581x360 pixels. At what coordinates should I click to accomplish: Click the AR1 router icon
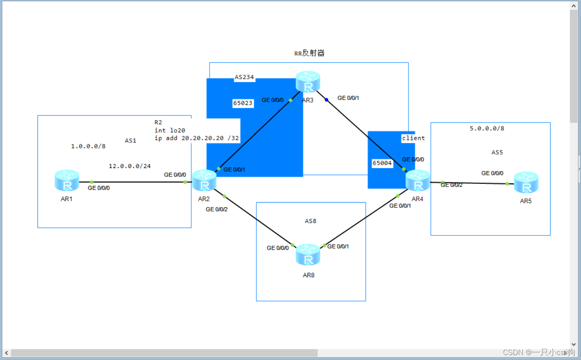click(x=67, y=181)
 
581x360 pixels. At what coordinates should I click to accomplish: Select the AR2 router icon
click(x=204, y=181)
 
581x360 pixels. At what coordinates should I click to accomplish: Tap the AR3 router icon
click(x=308, y=82)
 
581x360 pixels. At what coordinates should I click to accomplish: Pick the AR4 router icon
click(x=418, y=181)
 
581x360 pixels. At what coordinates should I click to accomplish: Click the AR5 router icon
click(x=526, y=183)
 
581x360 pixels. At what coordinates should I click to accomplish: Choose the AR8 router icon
click(x=308, y=255)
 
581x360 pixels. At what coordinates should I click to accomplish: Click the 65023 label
click(x=243, y=103)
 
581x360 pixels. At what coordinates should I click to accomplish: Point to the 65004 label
click(x=382, y=163)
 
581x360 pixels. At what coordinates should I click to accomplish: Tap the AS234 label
click(x=244, y=77)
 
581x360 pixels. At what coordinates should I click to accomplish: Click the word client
click(x=413, y=138)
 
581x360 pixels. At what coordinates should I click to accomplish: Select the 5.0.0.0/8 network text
click(x=487, y=129)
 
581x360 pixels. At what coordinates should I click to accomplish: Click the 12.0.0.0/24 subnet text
click(x=129, y=166)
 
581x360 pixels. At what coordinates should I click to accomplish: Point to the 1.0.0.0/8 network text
click(x=88, y=146)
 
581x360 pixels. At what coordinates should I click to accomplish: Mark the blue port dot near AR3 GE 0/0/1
click(x=326, y=100)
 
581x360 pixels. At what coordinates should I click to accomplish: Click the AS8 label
click(x=310, y=221)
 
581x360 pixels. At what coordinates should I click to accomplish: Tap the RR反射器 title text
click(x=309, y=53)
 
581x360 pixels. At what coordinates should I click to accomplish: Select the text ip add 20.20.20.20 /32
click(x=197, y=138)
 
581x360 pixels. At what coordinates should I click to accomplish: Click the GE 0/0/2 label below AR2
click(x=216, y=209)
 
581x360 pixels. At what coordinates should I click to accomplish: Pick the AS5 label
click(x=497, y=153)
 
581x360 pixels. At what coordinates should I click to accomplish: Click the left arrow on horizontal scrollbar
click(x=6, y=353)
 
